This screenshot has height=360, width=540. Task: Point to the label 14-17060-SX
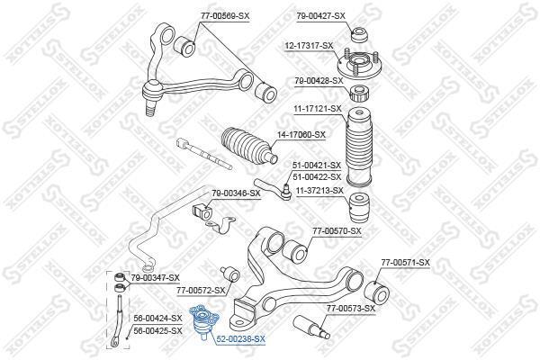coord(301,135)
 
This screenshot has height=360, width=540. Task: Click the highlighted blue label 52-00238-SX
coord(240,339)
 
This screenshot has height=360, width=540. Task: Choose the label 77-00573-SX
coord(351,309)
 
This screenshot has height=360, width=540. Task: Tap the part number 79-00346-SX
coord(236,193)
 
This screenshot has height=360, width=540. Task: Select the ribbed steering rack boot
coord(248,146)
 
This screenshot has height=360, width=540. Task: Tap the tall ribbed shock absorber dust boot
coord(359,148)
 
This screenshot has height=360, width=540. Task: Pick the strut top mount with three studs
coord(360,66)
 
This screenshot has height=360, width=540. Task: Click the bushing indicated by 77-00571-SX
coord(376,293)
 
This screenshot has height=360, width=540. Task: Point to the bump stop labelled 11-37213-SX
coord(359,209)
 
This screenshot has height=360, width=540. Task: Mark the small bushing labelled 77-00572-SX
coord(230,274)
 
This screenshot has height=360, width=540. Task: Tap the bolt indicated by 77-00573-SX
coord(311,326)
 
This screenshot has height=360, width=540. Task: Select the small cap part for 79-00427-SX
coord(360,33)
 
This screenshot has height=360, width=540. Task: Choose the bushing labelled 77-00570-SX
coord(295,250)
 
